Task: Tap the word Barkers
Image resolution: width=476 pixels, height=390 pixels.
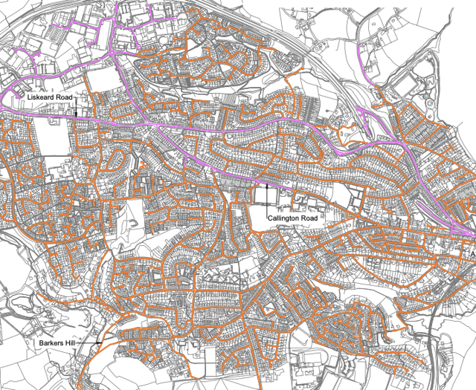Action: pos(52,344)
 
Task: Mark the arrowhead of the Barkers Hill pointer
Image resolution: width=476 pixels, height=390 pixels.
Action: pos(98,343)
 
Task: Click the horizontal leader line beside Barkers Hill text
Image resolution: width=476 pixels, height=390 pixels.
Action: pos(89,343)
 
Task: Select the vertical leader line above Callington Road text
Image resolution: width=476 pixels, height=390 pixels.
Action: pos(266,199)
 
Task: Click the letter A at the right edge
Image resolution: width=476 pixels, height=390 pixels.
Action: pos(472,253)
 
